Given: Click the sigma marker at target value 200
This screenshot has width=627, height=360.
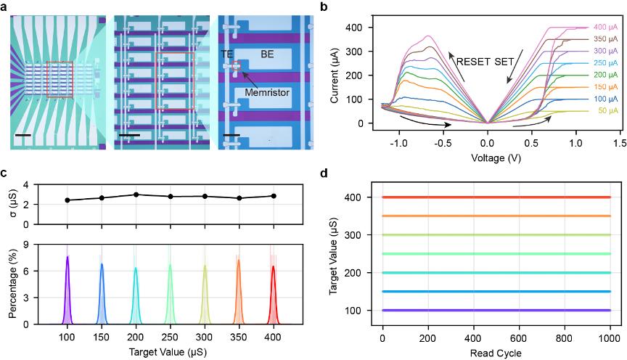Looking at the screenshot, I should [136, 195].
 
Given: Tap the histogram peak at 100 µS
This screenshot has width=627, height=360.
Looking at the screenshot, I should [67, 257].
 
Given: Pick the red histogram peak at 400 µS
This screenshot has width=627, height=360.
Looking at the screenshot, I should [273, 266].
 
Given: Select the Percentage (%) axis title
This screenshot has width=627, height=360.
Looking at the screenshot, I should [13, 284].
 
